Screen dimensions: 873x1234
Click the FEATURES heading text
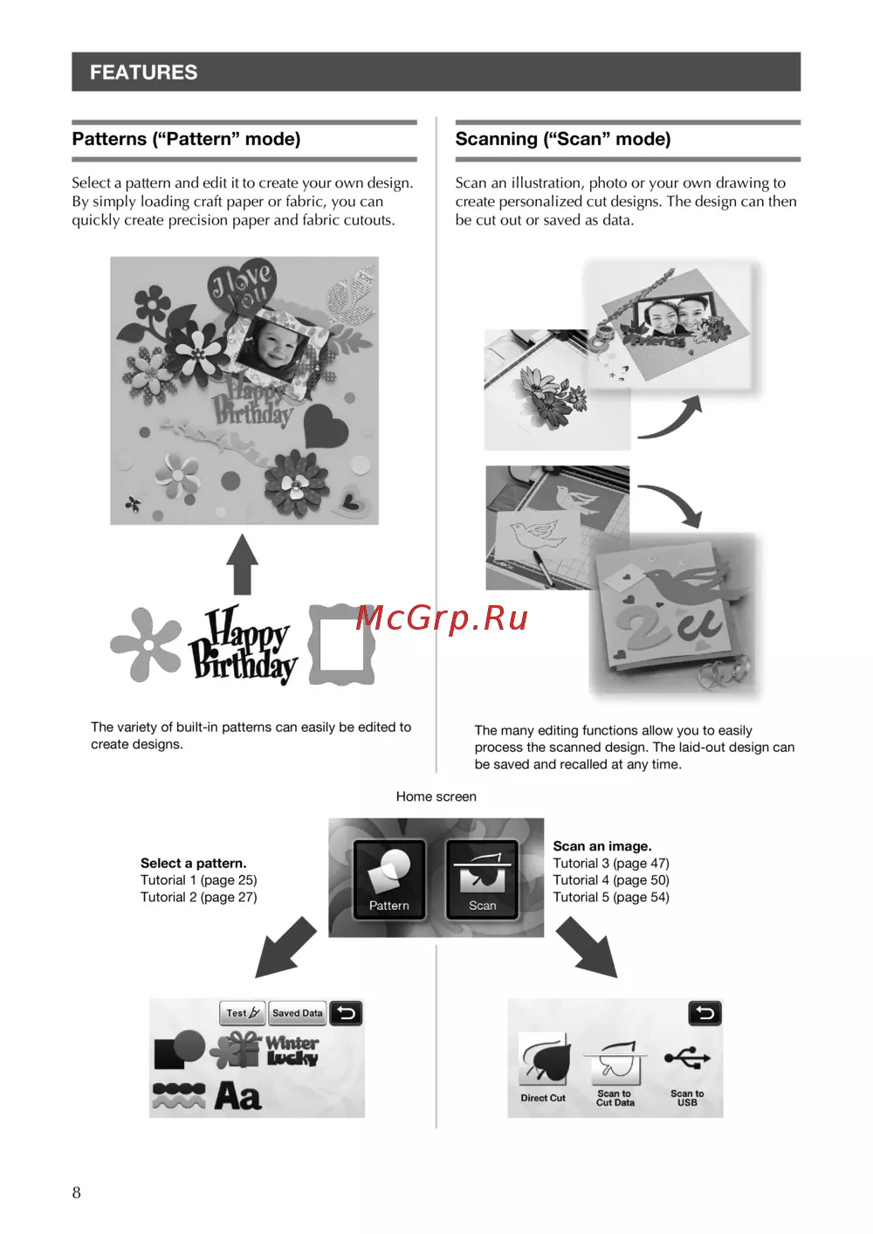point(143,72)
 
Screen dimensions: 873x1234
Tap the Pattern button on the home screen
point(388,879)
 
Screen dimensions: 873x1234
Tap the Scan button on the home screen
point(482,879)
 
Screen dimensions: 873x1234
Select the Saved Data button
point(298,1012)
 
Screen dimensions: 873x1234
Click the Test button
point(243,1012)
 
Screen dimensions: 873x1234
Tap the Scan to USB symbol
point(687,1058)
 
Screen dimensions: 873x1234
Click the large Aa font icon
point(237,1095)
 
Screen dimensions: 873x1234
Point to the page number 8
point(76,1193)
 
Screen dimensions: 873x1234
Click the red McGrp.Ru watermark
point(442,617)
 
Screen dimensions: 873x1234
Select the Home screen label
point(436,796)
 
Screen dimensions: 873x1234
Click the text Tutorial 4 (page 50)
point(611,880)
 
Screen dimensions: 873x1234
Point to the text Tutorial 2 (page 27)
point(199,898)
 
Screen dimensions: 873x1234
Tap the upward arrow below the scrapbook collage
point(243,564)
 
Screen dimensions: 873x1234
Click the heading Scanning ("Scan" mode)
point(563,139)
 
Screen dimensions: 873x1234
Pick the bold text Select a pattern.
point(193,863)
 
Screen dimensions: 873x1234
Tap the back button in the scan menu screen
point(705,1013)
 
